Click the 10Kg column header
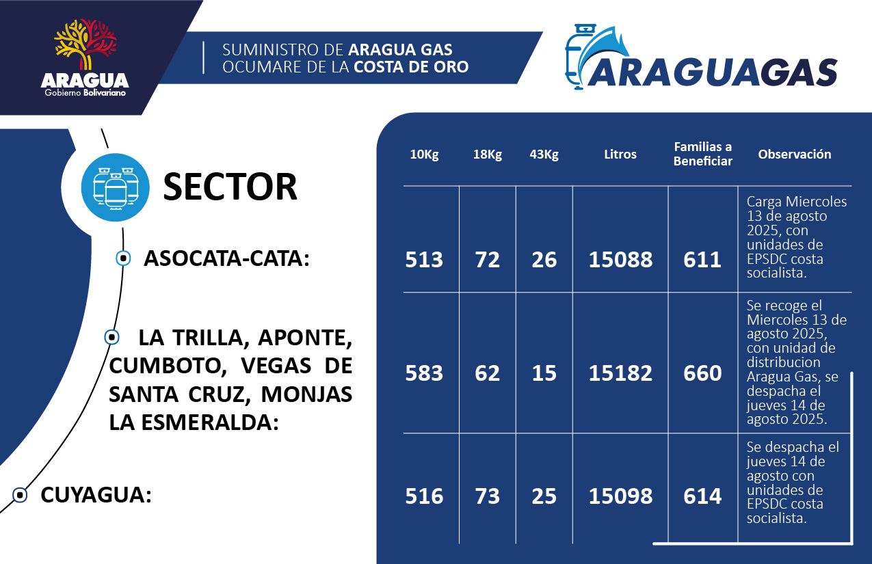point(424,155)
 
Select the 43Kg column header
point(544,155)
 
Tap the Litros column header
point(620,154)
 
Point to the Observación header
point(795,154)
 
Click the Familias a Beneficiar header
point(702,154)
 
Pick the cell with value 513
point(424,260)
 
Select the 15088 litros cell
point(620,260)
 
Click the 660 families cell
point(702,373)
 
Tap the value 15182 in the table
point(620,373)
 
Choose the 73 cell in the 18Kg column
point(487,496)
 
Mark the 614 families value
point(702,496)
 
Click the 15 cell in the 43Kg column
point(544,373)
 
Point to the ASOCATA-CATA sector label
point(226,258)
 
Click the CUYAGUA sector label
point(96,495)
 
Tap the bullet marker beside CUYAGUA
point(20,496)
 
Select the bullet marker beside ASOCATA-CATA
point(123,258)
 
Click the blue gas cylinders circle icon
point(115,187)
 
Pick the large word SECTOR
point(230,187)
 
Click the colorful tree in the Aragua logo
point(85,44)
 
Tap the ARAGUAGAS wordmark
point(713,72)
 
